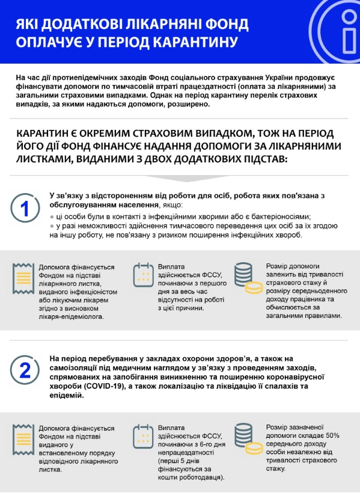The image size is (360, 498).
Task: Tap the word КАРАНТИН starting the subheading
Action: pyautogui.click(x=46, y=133)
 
